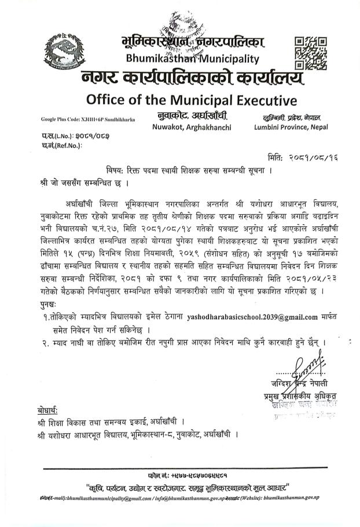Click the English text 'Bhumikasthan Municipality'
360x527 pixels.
pos(192,58)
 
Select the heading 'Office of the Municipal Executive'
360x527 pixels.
pos(191,99)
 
